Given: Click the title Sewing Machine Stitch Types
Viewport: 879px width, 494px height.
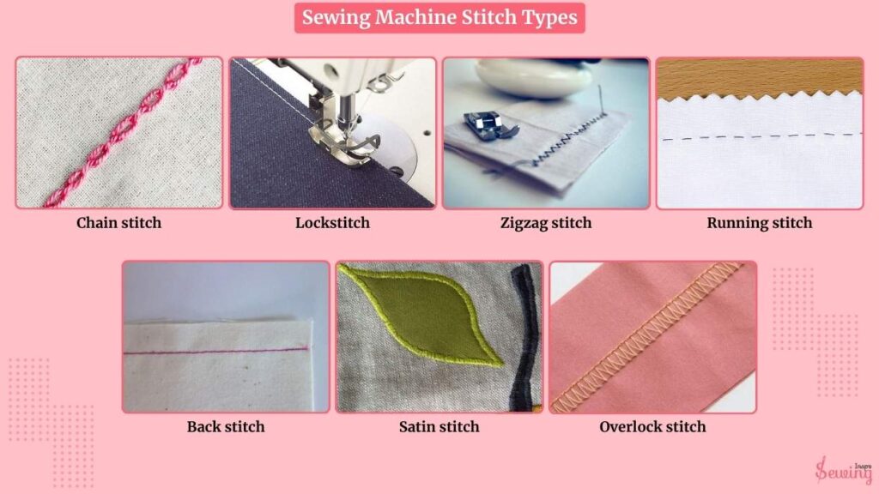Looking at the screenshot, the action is (x=439, y=17).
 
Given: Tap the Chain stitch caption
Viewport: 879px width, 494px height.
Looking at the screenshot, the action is (x=118, y=223).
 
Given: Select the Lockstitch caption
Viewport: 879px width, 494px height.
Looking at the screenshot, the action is (x=332, y=223).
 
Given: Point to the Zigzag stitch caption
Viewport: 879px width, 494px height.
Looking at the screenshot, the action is (x=546, y=223).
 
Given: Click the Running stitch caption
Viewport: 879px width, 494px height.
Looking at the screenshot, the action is (x=760, y=223).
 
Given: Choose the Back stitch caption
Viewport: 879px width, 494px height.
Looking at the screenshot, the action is (x=226, y=427).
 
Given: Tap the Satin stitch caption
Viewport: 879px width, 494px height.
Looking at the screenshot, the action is (x=439, y=427).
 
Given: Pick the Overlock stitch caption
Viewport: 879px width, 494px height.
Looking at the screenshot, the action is (x=652, y=427).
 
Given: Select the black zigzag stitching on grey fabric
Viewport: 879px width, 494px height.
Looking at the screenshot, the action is (x=569, y=140).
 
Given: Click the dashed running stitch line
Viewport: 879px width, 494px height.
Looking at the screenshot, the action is (x=761, y=136).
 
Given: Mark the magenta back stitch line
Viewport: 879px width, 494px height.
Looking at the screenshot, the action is (x=215, y=351).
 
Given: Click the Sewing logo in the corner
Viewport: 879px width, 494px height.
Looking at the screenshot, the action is (x=844, y=469).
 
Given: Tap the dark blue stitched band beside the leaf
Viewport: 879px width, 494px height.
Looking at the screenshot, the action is (x=524, y=338).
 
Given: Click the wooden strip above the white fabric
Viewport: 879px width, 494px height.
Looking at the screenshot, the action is (x=760, y=77).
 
